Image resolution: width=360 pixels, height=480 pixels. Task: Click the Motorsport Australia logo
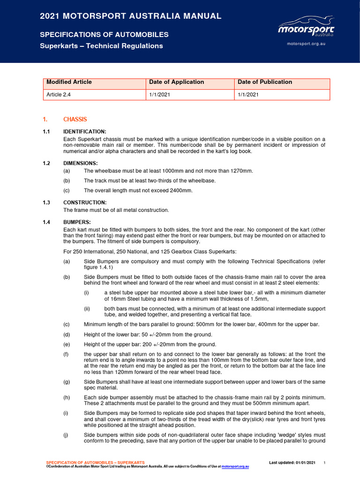[x=306, y=27]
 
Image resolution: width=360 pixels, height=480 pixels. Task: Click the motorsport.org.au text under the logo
[x=306, y=43]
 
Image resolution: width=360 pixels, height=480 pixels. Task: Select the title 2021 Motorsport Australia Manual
[x=131, y=16]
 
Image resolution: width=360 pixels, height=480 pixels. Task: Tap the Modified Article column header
[x=69, y=82]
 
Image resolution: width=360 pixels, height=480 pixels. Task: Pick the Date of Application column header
[x=176, y=82]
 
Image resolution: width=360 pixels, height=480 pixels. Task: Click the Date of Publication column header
[x=265, y=82]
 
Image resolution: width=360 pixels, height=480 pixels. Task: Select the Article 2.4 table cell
[x=59, y=94]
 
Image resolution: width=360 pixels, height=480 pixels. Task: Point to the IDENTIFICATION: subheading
[x=85, y=132]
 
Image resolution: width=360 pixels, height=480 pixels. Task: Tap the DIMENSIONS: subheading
[x=81, y=163]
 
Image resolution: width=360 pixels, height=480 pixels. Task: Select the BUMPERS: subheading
[x=77, y=222]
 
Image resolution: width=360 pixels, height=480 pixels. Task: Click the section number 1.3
[x=46, y=202]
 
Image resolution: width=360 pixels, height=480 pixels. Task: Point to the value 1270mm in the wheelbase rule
[x=240, y=171]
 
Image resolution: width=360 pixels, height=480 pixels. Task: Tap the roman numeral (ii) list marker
[x=87, y=308]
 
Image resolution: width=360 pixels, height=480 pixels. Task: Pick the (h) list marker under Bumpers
[x=67, y=397]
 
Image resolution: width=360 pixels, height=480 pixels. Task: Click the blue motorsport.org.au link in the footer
[x=235, y=467]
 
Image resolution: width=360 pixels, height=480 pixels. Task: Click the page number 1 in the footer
[x=324, y=463]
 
